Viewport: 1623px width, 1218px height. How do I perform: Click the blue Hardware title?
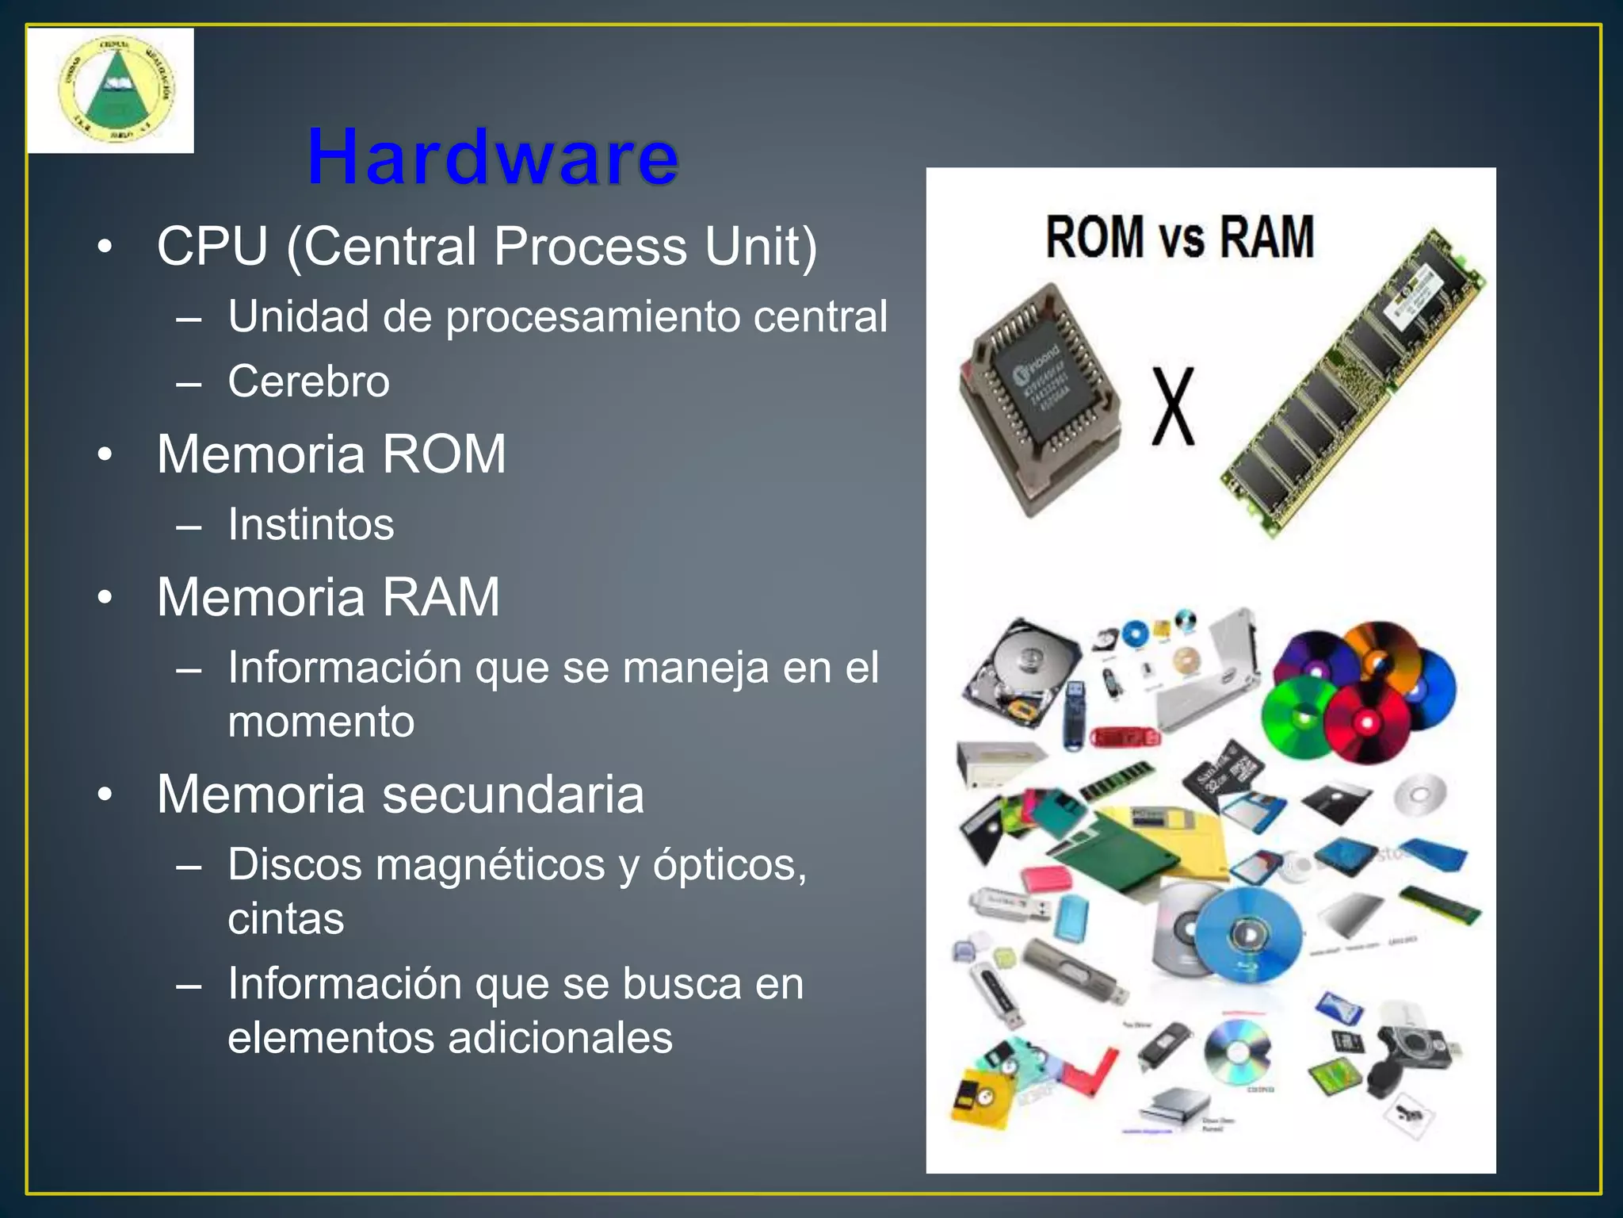click(x=492, y=158)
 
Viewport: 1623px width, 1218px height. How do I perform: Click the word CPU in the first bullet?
click(x=212, y=247)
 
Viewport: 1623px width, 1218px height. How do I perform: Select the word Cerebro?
click(x=308, y=381)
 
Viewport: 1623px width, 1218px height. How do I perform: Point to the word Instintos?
click(x=311, y=524)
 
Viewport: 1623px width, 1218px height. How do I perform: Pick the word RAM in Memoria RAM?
click(x=441, y=597)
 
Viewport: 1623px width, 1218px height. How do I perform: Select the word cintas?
click(x=286, y=919)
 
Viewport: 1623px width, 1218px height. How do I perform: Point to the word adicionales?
click(x=560, y=1038)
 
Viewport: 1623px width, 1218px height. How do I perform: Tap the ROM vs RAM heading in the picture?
click(x=1179, y=237)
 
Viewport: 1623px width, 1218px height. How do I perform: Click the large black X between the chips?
click(x=1172, y=406)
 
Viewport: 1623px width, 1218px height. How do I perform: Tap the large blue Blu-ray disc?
click(x=1248, y=934)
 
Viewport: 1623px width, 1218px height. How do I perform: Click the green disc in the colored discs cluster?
click(x=1300, y=718)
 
